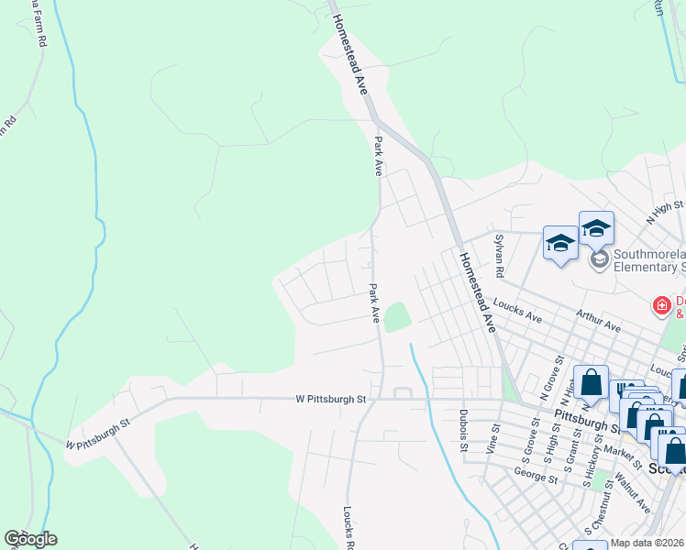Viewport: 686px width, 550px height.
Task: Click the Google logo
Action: tap(30, 539)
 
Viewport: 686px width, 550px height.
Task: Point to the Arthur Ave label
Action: tap(599, 321)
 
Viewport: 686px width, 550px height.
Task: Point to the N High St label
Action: tap(665, 212)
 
